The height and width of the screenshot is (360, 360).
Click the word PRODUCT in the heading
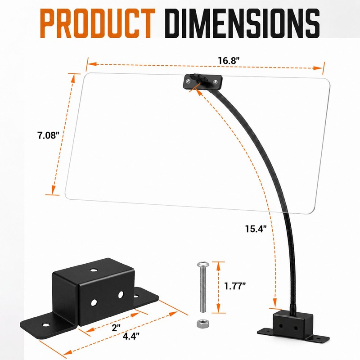(x=98, y=23)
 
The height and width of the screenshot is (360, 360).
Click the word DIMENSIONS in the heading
(x=242, y=23)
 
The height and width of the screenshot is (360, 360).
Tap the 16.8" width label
(x=229, y=61)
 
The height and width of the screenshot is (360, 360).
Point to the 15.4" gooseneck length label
(x=256, y=229)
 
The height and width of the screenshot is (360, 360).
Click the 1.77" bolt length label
(x=235, y=286)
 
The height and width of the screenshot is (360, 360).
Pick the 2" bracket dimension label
(x=116, y=328)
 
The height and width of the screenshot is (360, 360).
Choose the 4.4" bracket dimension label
(x=131, y=336)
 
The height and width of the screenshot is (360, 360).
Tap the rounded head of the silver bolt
(x=203, y=265)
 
